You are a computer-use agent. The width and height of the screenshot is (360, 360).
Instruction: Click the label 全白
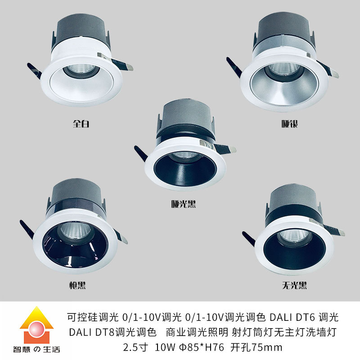pos(81,123)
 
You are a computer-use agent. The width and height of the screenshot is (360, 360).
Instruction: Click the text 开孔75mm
pos(256,347)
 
